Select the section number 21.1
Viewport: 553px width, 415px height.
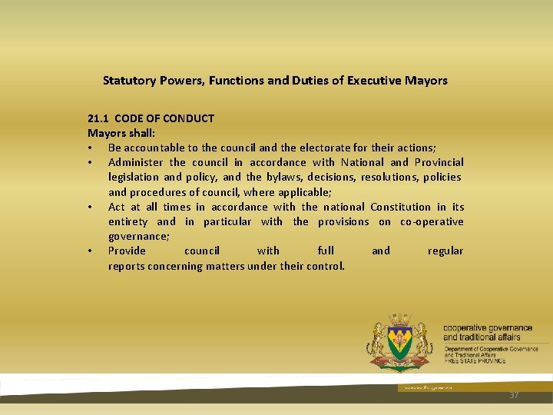click(x=98, y=118)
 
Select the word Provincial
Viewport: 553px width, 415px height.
click(x=439, y=162)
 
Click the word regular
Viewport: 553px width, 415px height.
click(x=445, y=251)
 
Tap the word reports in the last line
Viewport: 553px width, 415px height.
click(x=127, y=266)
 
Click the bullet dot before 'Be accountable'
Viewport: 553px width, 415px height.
click(x=91, y=148)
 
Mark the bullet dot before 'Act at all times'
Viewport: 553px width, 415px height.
click(x=91, y=207)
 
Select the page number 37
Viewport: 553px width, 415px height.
click(x=514, y=395)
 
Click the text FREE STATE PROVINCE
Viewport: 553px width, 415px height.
click(x=475, y=360)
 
